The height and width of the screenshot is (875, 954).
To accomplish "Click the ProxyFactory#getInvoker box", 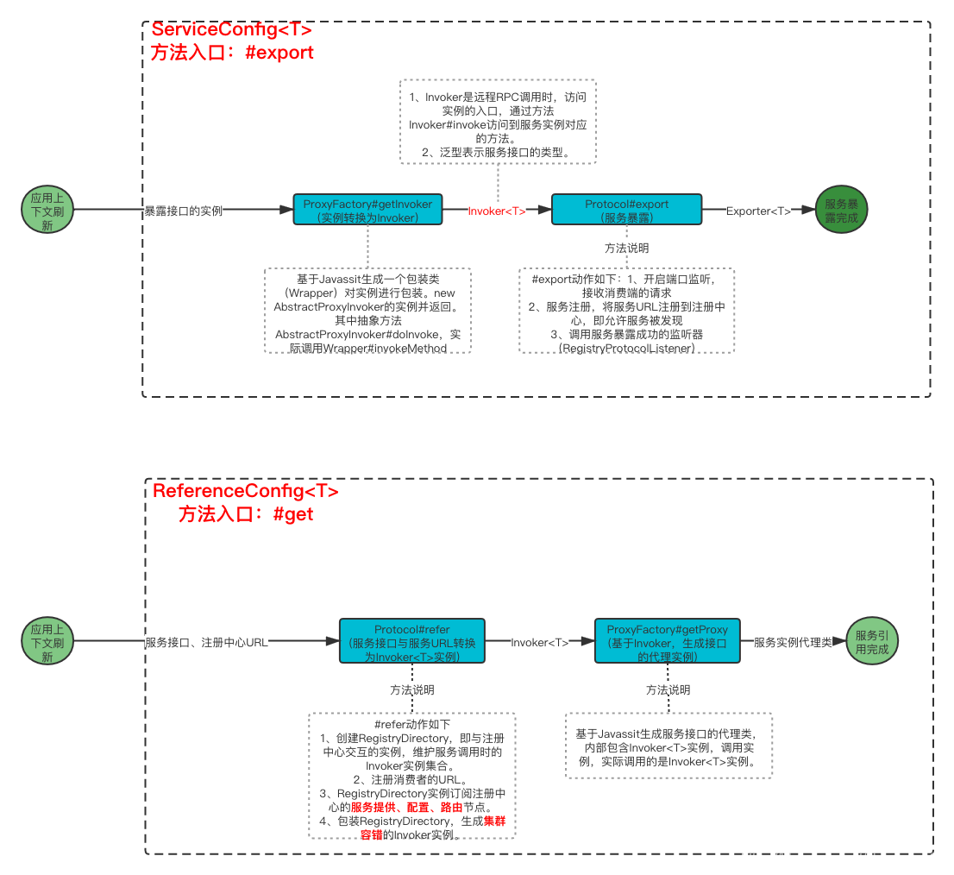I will [x=367, y=211].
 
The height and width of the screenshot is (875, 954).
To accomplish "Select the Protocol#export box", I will [x=627, y=211].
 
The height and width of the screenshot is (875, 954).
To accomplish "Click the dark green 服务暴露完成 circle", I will [x=841, y=211].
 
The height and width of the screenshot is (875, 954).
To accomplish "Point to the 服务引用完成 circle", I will [x=872, y=642].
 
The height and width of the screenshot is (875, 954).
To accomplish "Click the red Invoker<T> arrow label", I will [x=497, y=211].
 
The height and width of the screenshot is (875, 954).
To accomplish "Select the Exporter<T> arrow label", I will [x=758, y=211].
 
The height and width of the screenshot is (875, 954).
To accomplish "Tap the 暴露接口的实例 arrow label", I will [x=183, y=211].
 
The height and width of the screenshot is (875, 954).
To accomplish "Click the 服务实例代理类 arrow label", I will [x=794, y=642].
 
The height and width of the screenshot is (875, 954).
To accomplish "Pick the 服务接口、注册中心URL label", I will [x=207, y=643].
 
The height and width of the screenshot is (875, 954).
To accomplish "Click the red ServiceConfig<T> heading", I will [x=231, y=29].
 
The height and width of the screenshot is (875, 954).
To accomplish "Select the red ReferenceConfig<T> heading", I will [x=245, y=491].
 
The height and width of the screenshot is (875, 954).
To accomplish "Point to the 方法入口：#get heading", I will [x=245, y=514].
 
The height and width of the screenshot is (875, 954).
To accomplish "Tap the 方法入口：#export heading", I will [x=231, y=52].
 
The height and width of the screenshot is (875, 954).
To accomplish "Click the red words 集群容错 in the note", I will [x=412, y=828].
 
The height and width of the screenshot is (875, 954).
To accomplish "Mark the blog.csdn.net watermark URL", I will [x=843, y=859].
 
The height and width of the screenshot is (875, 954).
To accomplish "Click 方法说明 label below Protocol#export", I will [x=627, y=248].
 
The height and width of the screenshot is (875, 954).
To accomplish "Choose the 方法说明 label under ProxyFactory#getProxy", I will [x=668, y=690].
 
